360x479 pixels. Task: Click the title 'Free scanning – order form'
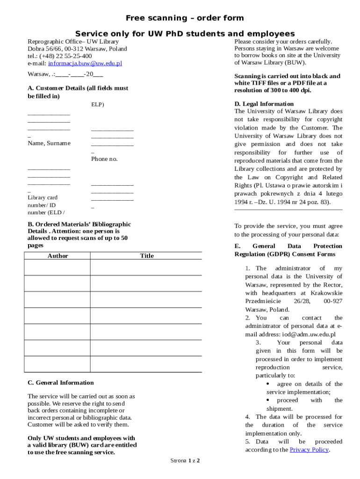(x=185, y=18)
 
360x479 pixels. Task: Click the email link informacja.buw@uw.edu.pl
(x=85, y=63)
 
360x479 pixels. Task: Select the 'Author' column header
(x=58, y=256)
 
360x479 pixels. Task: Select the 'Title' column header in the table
(x=146, y=256)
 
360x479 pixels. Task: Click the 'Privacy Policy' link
(x=309, y=450)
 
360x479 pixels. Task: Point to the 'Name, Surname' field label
(x=49, y=143)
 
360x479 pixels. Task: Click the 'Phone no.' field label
(x=104, y=159)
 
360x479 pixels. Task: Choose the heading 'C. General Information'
(x=61, y=383)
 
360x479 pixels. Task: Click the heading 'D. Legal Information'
(x=264, y=104)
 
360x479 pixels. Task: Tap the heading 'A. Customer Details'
(x=78, y=88)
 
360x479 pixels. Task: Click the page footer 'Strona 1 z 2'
(x=185, y=461)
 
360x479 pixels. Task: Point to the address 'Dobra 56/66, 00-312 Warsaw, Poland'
(x=77, y=49)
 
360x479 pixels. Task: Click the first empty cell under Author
(x=57, y=268)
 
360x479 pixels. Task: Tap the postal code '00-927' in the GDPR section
(x=332, y=301)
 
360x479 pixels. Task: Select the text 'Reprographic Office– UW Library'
(x=73, y=42)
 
